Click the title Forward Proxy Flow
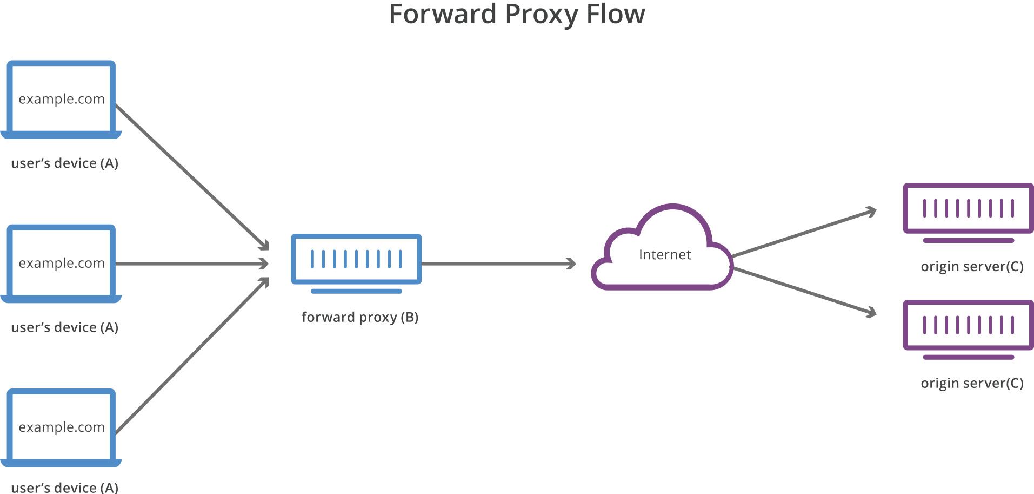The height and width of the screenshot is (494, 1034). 517,15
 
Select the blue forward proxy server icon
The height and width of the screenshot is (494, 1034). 356,260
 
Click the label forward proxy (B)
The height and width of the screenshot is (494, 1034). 360,317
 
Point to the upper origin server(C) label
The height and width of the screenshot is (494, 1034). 972,267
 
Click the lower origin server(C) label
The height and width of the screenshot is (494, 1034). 972,384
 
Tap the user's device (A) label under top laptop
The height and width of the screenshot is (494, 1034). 65,163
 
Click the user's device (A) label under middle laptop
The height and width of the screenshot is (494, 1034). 65,327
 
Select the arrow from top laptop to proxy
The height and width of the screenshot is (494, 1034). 192,176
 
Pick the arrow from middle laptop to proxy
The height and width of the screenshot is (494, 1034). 192,264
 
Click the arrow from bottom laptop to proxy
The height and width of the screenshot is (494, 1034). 192,356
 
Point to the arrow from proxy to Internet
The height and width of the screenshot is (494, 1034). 497,264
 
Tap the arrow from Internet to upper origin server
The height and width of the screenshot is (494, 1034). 804,233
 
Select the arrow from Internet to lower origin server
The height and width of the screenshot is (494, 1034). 804,291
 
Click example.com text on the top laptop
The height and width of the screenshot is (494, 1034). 62,99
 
